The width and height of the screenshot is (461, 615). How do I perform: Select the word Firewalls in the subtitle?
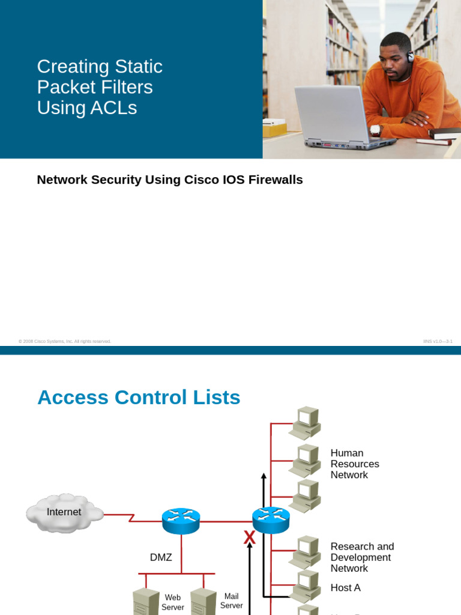pos(273,180)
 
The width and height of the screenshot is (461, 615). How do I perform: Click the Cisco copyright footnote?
pos(65,341)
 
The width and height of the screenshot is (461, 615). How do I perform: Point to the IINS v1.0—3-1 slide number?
pos(437,341)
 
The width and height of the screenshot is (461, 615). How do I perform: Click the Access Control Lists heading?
pos(139,398)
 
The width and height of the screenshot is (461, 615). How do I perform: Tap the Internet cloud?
pos(64,512)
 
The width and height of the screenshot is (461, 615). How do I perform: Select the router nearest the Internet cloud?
pos(181,520)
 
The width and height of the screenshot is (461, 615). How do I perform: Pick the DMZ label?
pos(161,557)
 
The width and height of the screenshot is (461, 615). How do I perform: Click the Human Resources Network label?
pos(354,464)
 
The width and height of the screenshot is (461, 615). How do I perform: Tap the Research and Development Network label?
pos(362,557)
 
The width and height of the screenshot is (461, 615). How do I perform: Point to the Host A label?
pos(345,587)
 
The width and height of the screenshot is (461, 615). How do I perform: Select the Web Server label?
pos(173,602)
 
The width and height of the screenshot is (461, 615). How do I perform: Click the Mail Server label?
pos(231,601)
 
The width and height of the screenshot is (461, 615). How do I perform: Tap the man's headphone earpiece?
pos(410,58)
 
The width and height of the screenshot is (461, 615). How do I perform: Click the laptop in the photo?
pos(336,118)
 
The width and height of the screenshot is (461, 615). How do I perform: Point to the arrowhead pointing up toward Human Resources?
pos(264,476)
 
